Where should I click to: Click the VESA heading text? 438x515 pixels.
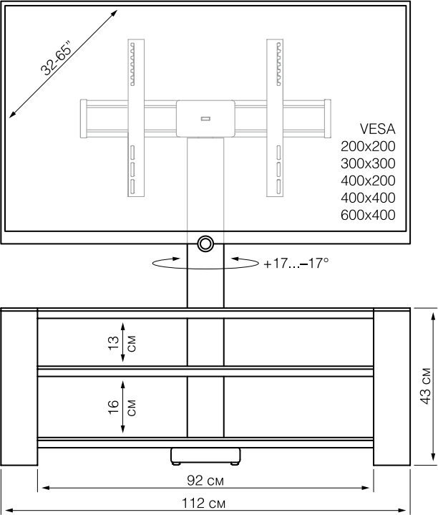point(377,129)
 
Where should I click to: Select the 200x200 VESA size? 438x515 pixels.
point(368,147)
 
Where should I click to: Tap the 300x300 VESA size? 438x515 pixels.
point(368,163)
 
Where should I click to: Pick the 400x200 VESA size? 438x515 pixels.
point(368,181)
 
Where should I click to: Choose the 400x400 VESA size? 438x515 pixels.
point(368,198)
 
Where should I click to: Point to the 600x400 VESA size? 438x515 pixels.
point(368,215)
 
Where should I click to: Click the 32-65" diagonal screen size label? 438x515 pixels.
point(55,59)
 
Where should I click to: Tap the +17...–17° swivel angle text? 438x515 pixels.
point(296,264)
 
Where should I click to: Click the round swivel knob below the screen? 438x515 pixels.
point(205,244)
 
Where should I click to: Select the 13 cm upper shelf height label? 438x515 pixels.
point(122,343)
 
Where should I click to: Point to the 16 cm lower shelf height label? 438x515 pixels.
point(122,408)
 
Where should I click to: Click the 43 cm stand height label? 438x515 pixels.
point(426,386)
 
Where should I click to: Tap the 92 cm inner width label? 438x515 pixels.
point(205,481)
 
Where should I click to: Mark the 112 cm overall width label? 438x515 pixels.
point(204,503)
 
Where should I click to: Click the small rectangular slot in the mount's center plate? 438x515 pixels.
point(205,119)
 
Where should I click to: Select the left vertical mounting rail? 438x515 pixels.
point(136,118)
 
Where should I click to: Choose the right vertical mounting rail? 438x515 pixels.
point(275,118)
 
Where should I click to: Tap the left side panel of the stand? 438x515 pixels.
point(19,387)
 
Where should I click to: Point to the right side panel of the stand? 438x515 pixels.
point(391,387)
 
